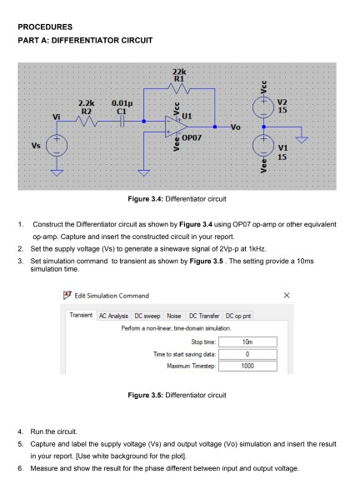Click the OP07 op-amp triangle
177,127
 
